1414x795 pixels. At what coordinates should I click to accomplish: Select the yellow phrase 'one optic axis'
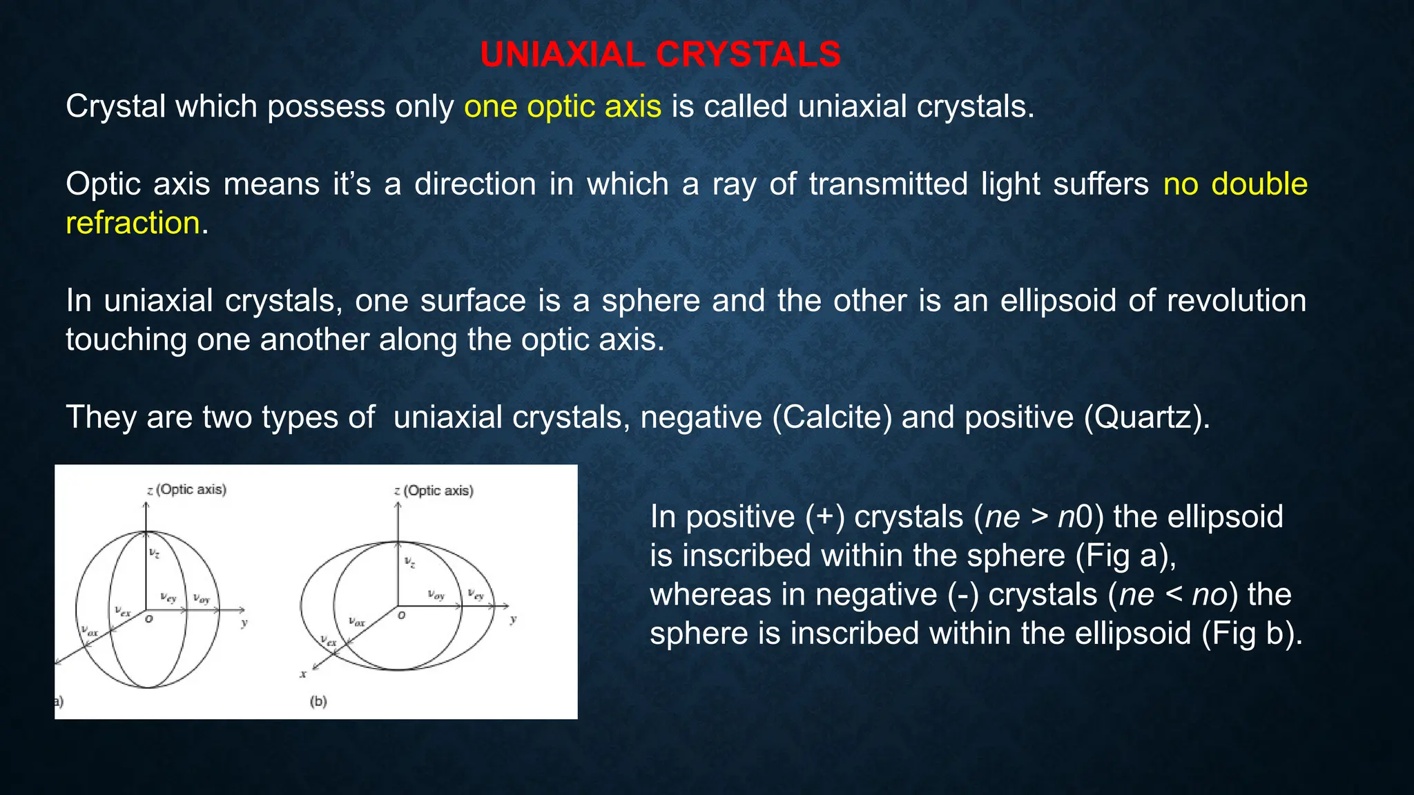pyautogui.click(x=562, y=107)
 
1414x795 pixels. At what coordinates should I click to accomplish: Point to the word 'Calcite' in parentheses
pyautogui.click(x=832, y=418)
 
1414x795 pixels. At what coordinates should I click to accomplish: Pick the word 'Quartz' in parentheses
pyautogui.click(x=1146, y=418)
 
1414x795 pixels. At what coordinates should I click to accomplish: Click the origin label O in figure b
pyautogui.click(x=401, y=615)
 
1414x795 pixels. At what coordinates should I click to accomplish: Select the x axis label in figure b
pyautogui.click(x=303, y=674)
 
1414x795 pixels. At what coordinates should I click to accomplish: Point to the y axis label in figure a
pyautogui.click(x=244, y=622)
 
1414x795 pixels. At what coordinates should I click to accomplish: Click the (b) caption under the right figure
pyautogui.click(x=318, y=701)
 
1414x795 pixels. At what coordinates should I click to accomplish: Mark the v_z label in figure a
pyautogui.click(x=155, y=553)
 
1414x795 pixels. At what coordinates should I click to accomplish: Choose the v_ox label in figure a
pyautogui.click(x=90, y=630)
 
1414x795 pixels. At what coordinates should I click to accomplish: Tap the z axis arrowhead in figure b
pyautogui.click(x=398, y=506)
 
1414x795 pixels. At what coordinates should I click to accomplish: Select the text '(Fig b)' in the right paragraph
pyautogui.click(x=1251, y=634)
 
